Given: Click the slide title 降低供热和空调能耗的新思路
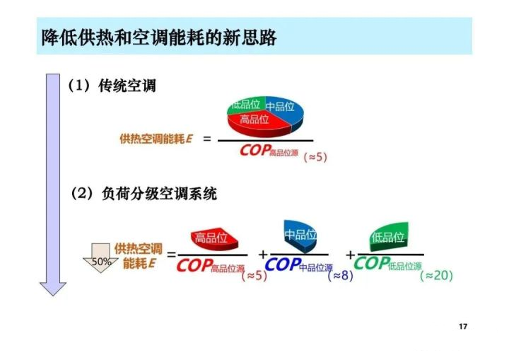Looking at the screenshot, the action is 159,37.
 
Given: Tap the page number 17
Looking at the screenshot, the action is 463,326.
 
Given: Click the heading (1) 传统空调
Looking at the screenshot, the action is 112,86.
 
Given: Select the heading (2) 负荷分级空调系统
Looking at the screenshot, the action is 144,194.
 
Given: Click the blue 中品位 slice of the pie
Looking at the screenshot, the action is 284,110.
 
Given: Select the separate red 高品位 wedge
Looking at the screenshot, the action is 214,239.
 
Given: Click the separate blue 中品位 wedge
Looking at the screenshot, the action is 300,236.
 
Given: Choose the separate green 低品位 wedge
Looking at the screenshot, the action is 389,236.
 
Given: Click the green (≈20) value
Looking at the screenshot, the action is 436,276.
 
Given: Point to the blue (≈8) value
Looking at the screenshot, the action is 340,276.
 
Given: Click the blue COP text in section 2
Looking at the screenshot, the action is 283,264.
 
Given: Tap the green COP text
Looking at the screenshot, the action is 372,263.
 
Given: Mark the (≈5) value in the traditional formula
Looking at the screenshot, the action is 315,157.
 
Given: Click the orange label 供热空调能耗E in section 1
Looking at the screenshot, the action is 156,139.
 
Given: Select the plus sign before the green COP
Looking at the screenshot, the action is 350,255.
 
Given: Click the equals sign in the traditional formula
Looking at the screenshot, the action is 206,139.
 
